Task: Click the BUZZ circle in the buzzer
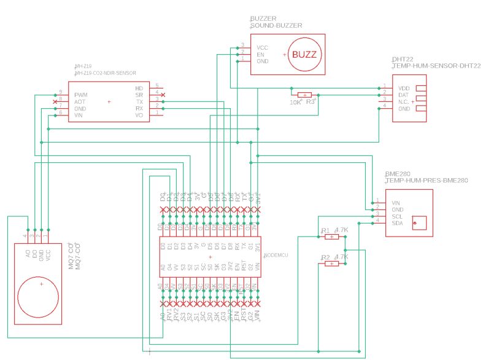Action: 304,55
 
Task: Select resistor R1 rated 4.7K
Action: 331,237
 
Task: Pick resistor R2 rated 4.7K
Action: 331,264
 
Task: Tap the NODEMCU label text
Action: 279,255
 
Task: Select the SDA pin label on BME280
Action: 398,224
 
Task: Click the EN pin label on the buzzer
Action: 260,55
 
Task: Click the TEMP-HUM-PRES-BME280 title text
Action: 427,181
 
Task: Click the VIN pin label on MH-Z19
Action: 79,115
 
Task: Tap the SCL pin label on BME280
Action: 398,217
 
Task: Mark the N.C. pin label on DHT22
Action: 404,102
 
